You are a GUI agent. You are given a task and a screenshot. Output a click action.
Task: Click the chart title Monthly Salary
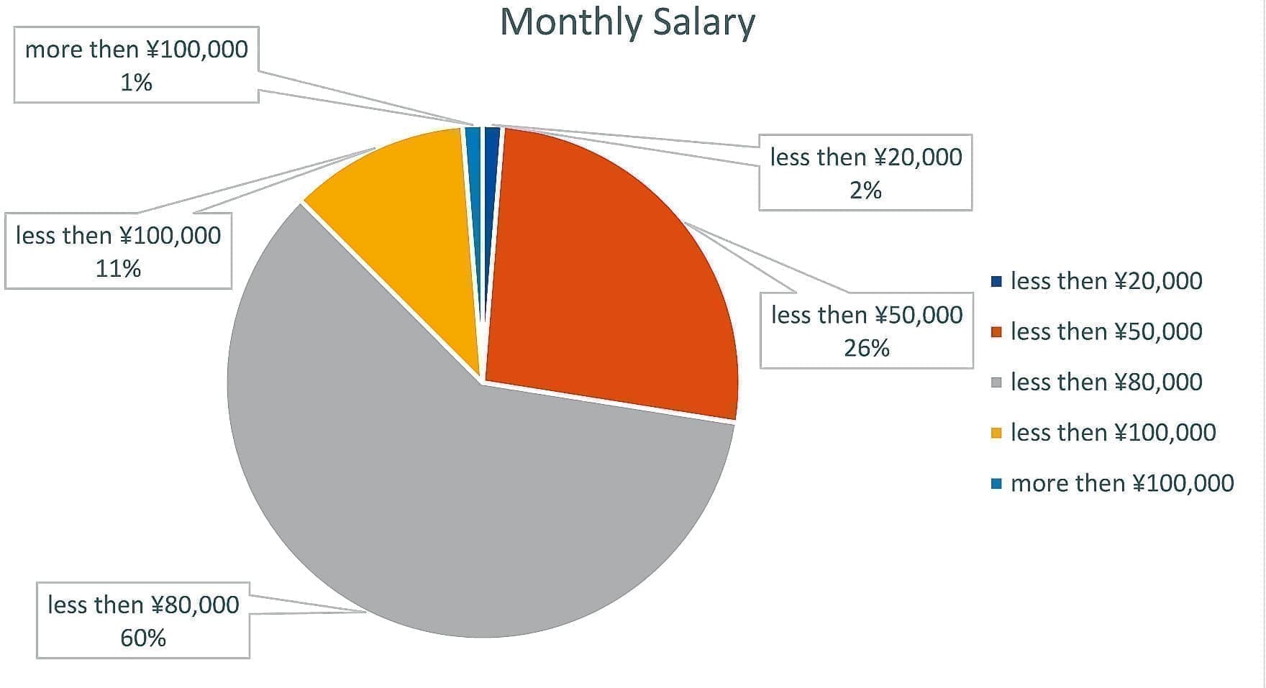pyautogui.click(x=627, y=22)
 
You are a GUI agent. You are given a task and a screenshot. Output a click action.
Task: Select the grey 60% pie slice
pyautogui.click(x=460, y=503)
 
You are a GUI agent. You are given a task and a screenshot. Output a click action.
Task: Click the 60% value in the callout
pyautogui.click(x=143, y=638)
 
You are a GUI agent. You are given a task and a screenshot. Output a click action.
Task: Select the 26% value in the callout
pyautogui.click(x=867, y=348)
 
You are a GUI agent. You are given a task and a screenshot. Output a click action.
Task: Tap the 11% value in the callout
pyautogui.click(x=118, y=269)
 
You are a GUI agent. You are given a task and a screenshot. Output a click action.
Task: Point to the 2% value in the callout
pyautogui.click(x=865, y=191)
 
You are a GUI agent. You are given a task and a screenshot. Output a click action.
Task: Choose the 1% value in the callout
pyautogui.click(x=136, y=83)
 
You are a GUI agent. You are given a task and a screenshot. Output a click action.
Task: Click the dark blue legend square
pyautogui.click(x=996, y=282)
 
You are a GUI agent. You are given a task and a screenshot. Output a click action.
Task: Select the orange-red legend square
pyautogui.click(x=996, y=332)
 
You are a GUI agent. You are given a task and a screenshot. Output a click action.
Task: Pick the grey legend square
pyautogui.click(x=996, y=382)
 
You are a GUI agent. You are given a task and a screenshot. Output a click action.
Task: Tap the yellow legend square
pyautogui.click(x=996, y=433)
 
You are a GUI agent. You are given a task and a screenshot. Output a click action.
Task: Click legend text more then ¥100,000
pyautogui.click(x=1122, y=483)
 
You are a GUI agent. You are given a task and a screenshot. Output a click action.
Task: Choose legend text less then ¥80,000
pyautogui.click(x=1106, y=382)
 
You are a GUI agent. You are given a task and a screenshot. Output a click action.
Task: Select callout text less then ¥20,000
pyautogui.click(x=866, y=157)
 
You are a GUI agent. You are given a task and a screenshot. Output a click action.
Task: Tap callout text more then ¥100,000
pyautogui.click(x=137, y=50)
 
